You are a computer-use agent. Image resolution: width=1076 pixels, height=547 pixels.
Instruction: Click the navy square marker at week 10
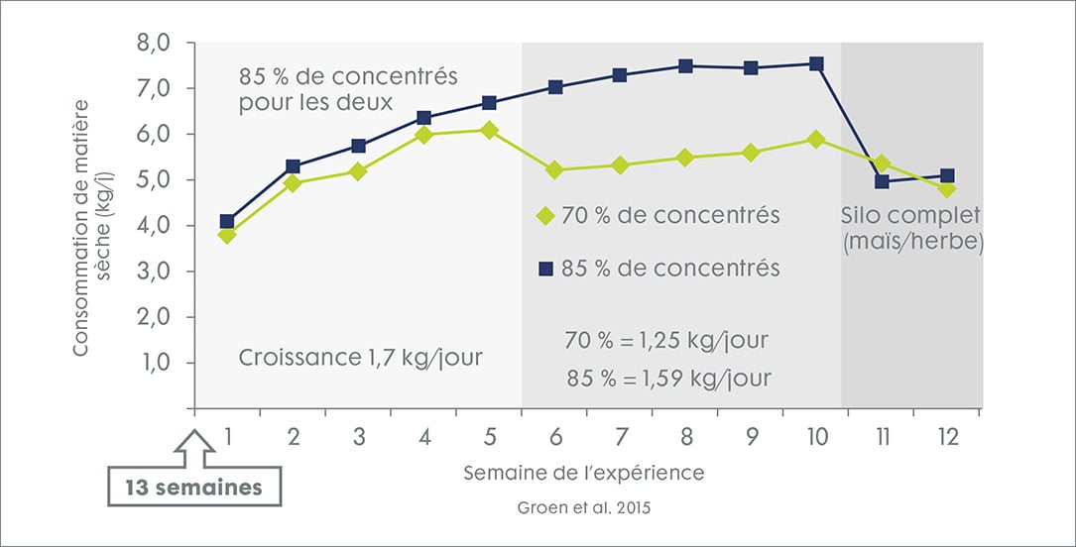816,63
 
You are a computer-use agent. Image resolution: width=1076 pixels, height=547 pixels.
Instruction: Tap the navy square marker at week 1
227,222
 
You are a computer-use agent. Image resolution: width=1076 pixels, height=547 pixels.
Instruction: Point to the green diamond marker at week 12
947,188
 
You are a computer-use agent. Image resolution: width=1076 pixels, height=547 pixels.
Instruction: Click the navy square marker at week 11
883,181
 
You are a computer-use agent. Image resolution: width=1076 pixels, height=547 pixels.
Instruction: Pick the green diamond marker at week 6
554,170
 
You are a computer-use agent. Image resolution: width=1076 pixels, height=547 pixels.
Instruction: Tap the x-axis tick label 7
620,437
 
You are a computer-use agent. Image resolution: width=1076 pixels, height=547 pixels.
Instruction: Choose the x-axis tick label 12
947,437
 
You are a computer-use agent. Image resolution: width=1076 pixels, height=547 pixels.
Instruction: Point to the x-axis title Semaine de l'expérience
584,474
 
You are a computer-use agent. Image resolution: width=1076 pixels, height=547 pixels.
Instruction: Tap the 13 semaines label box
194,488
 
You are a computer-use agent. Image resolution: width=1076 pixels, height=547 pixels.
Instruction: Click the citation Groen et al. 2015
585,508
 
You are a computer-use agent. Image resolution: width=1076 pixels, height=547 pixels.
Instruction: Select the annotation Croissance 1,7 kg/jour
360,357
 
